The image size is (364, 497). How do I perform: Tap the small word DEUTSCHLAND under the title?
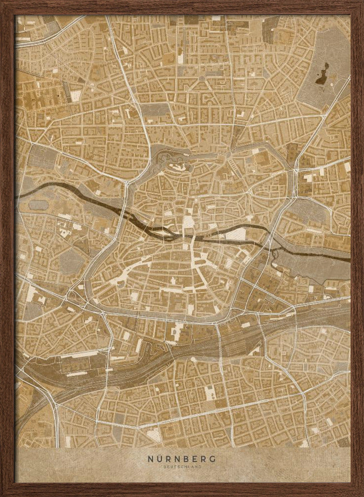pos(182,467)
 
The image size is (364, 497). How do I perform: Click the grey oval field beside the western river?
pos(39,204)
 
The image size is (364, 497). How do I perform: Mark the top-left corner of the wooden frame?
pos(2,2)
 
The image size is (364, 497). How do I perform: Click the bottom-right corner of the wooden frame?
pos(362,495)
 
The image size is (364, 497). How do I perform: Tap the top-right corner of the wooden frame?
pos(362,2)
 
